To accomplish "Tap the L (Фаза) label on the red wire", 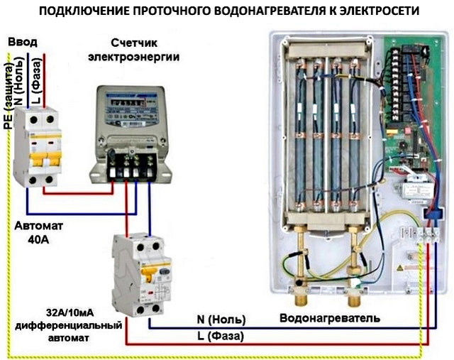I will tap(221, 335).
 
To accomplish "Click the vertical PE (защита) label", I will tap(8, 97).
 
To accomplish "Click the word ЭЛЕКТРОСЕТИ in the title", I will tap(371, 12).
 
